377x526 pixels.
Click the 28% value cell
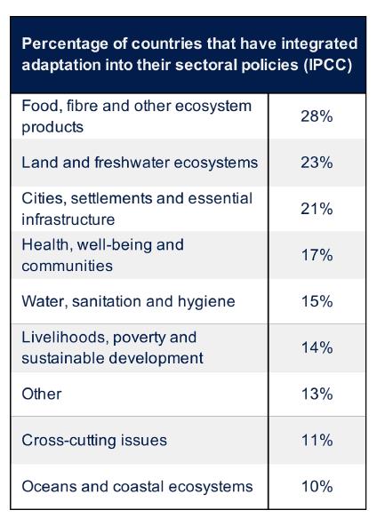tap(317, 116)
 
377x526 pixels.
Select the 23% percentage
tap(317, 163)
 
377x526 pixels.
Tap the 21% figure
tap(317, 209)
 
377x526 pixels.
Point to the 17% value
tap(317, 255)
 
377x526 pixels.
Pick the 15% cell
tap(317, 301)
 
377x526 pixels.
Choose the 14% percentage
tap(317, 347)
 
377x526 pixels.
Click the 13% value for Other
tap(317, 394)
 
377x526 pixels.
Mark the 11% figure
tap(317, 440)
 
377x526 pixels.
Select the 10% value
tap(317, 486)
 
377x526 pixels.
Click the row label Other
tap(42, 394)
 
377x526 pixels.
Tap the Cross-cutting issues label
tap(94, 440)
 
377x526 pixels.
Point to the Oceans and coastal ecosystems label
tap(137, 486)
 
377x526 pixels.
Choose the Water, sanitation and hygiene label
tap(128, 301)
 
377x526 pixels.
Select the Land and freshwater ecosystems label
tap(140, 163)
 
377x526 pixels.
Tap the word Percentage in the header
tap(65, 44)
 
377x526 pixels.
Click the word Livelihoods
tap(65, 337)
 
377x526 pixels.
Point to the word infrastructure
tap(68, 219)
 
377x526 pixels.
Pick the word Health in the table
tap(45, 245)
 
